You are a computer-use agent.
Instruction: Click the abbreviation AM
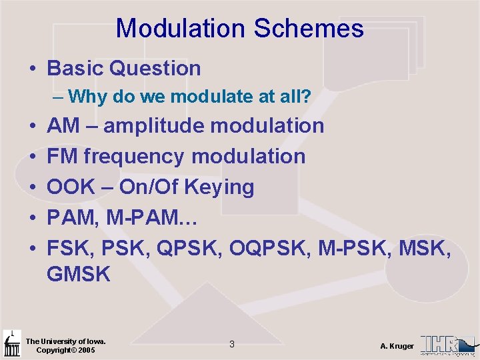tap(61, 125)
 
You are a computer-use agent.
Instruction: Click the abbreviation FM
tap(61, 157)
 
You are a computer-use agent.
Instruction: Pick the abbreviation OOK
tap(68, 187)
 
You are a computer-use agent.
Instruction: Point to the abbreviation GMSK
tap(79, 273)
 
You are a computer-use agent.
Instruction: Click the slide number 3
tap(231, 345)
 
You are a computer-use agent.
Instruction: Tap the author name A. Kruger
tap(397, 346)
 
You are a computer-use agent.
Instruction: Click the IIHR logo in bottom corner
tap(447, 344)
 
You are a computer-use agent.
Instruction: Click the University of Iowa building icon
tap(11, 344)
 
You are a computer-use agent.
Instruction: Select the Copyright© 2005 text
tap(65, 350)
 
